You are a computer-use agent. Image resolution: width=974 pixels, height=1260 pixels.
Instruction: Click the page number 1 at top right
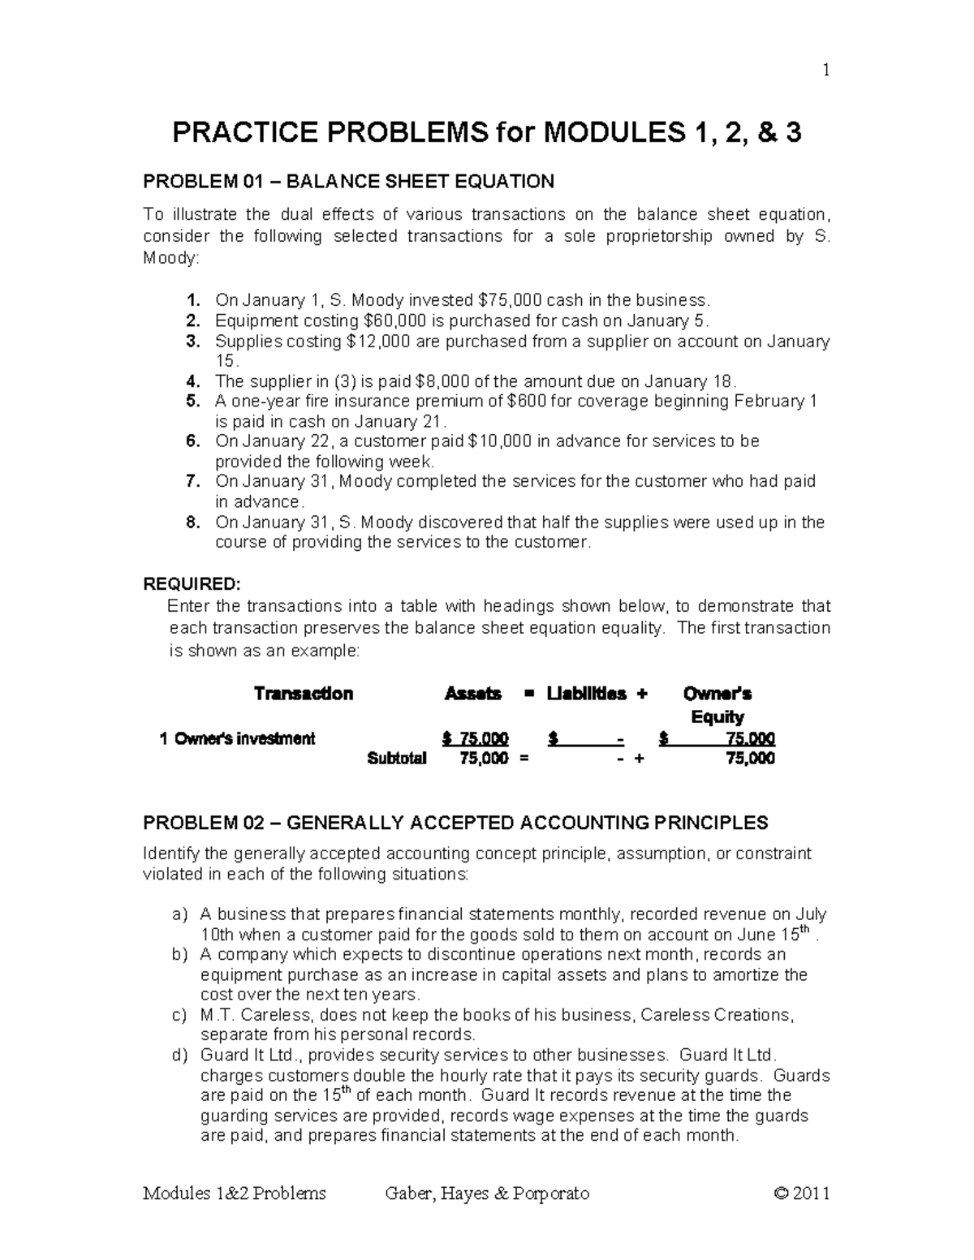(826, 71)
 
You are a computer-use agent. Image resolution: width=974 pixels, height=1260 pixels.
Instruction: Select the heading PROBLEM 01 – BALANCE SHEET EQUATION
(348, 181)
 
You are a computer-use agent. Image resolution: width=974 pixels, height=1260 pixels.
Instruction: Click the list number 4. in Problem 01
(192, 381)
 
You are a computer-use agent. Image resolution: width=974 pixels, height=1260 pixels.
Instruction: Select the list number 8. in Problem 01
(192, 522)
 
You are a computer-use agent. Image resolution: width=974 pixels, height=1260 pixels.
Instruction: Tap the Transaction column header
(304, 694)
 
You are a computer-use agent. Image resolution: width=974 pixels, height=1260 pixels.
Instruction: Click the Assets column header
(473, 694)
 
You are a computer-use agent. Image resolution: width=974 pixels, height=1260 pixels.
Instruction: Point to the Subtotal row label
(397, 759)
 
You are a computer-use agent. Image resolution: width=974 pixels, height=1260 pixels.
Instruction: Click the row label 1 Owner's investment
(238, 738)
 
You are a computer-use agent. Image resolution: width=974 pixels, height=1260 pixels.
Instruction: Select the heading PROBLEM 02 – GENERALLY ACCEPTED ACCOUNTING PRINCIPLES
(455, 824)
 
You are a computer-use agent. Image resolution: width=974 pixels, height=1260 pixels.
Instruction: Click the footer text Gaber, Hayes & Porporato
(487, 1193)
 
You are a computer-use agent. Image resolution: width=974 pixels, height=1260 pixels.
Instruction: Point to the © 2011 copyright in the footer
(802, 1193)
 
